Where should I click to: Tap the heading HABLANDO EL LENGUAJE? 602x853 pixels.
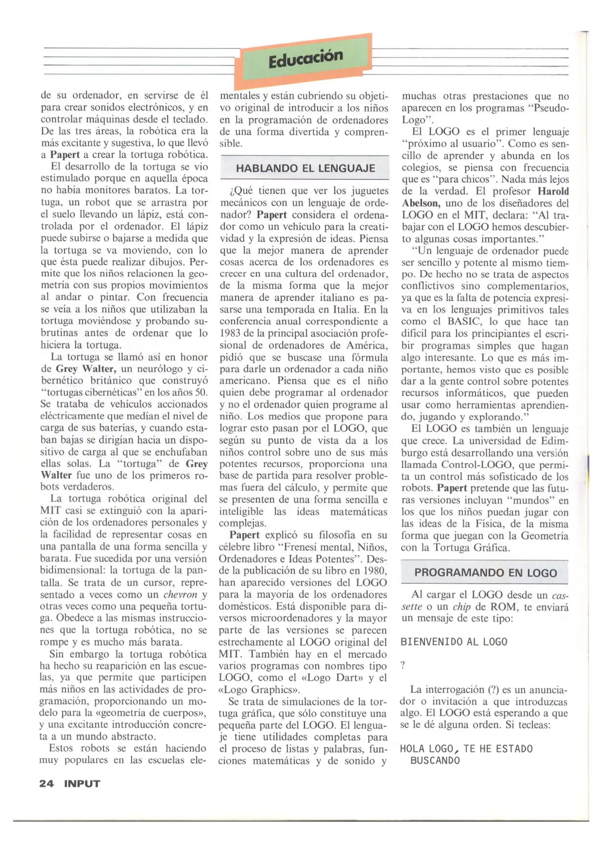point(305,168)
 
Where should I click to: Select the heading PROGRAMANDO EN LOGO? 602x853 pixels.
point(485,573)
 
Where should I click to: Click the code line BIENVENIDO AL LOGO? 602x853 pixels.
point(454,642)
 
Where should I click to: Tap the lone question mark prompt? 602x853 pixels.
point(403,665)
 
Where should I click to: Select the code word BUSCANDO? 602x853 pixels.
point(435,761)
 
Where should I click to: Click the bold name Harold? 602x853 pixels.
point(553,192)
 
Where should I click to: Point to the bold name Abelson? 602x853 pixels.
point(421,203)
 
